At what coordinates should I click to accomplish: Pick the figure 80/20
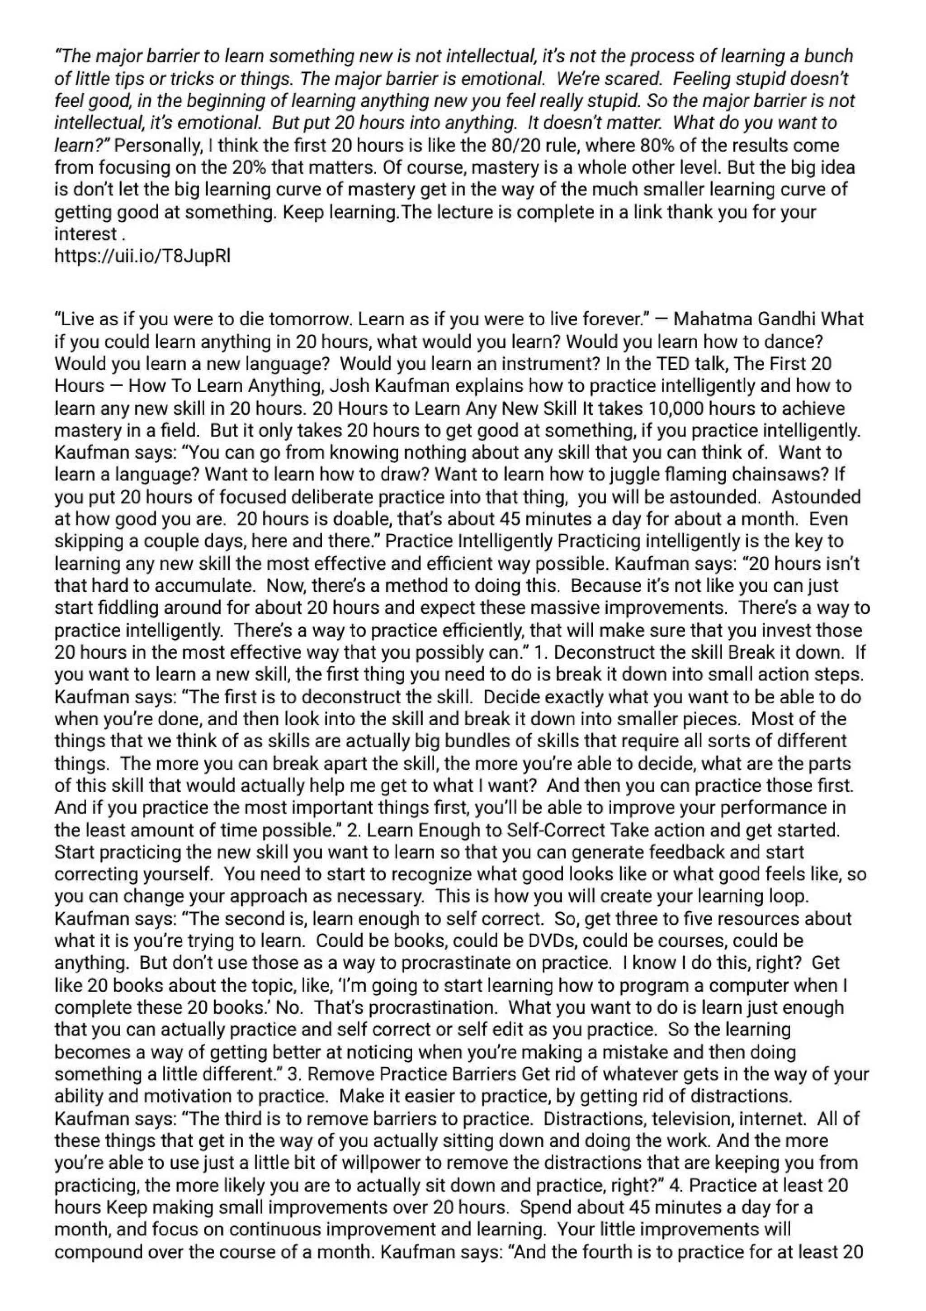(x=520, y=145)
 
